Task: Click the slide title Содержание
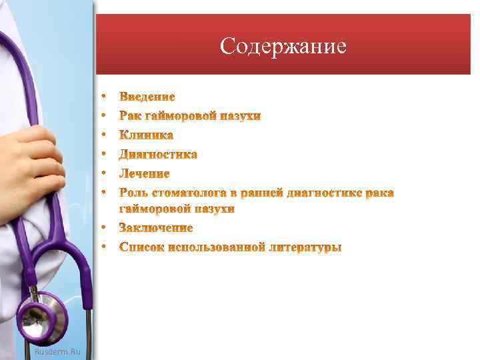[283, 47]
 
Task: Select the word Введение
[147, 97]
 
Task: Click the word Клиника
[146, 135]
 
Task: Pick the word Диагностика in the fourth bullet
[158, 155]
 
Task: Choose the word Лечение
[144, 174]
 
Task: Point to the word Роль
[133, 193]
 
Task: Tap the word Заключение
[156, 228]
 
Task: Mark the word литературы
[306, 247]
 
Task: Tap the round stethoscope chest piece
[43, 317]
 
